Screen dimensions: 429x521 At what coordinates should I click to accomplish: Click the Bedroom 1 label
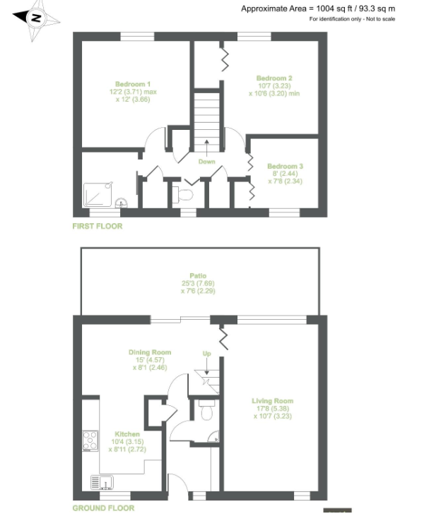point(133,84)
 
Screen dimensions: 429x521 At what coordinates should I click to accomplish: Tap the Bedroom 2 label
point(274,78)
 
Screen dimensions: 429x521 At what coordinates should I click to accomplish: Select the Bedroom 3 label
point(285,166)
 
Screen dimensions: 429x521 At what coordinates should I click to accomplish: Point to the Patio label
point(198,275)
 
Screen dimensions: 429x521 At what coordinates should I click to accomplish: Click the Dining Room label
point(150,352)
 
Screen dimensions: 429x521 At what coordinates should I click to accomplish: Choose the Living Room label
point(273,401)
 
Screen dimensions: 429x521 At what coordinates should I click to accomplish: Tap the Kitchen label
point(127,434)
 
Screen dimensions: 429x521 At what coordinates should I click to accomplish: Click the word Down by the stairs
point(207,162)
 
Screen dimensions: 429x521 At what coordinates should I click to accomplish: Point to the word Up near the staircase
point(207,354)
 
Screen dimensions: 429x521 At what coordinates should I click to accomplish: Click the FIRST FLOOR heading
point(98,227)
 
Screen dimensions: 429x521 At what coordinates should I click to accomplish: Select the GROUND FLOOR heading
point(103,508)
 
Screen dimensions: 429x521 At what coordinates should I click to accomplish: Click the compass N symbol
point(36,18)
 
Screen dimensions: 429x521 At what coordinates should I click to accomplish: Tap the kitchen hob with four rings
point(90,441)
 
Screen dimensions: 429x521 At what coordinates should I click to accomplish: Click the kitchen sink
point(102,482)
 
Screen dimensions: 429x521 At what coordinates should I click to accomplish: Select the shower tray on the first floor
point(98,194)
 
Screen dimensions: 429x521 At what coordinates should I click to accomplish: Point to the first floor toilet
point(183,195)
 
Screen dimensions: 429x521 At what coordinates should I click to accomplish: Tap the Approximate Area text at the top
point(318,8)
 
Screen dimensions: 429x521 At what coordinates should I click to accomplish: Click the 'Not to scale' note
point(381,19)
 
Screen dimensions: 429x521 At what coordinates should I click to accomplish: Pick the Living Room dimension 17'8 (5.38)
point(273,408)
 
